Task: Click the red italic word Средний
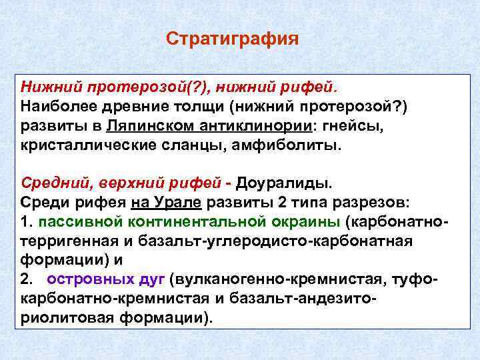tap(50, 182)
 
